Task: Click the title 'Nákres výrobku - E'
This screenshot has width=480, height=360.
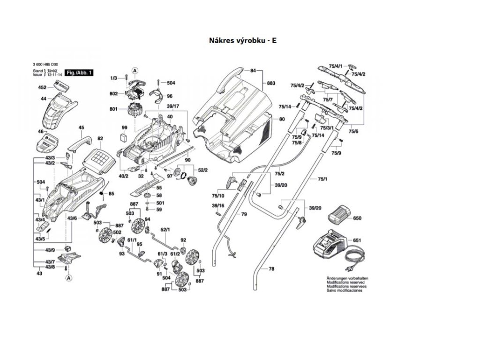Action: [242, 40]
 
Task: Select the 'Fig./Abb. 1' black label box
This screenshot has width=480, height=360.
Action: [78, 73]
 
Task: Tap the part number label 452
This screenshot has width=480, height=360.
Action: [42, 88]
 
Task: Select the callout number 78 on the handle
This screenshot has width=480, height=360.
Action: [271, 269]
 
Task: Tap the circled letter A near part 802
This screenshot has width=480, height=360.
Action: [135, 71]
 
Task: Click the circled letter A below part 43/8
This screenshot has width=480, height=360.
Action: [68, 278]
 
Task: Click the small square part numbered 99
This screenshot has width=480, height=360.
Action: [124, 137]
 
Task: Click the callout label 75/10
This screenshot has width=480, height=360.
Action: [218, 195]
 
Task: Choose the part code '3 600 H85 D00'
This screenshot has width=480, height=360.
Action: [45, 64]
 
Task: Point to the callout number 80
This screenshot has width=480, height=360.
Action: [282, 119]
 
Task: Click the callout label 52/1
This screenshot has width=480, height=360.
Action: [165, 230]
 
